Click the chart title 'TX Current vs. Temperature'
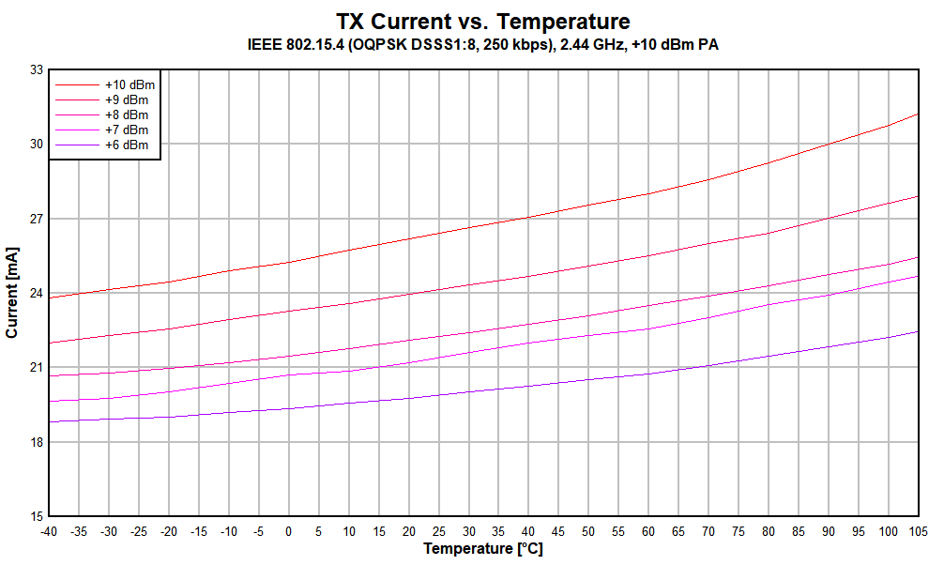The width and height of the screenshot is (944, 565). click(483, 21)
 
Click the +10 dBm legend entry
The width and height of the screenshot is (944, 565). click(126, 84)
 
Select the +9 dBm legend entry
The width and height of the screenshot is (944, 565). click(126, 99)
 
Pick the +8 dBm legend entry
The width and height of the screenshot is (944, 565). click(126, 115)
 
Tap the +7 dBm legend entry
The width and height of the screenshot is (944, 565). click(126, 130)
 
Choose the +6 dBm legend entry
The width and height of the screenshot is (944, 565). click(126, 145)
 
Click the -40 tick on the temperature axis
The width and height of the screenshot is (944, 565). click(48, 531)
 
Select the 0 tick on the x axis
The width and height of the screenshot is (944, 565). click(288, 531)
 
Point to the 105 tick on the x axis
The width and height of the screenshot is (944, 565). click(917, 531)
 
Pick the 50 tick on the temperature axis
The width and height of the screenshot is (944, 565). click(588, 531)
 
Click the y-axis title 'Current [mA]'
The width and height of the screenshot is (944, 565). click(12, 293)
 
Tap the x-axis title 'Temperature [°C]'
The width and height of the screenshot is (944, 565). click(483, 548)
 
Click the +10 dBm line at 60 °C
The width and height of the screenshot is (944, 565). click(648, 193)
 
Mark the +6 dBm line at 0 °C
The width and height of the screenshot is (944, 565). click(288, 408)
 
